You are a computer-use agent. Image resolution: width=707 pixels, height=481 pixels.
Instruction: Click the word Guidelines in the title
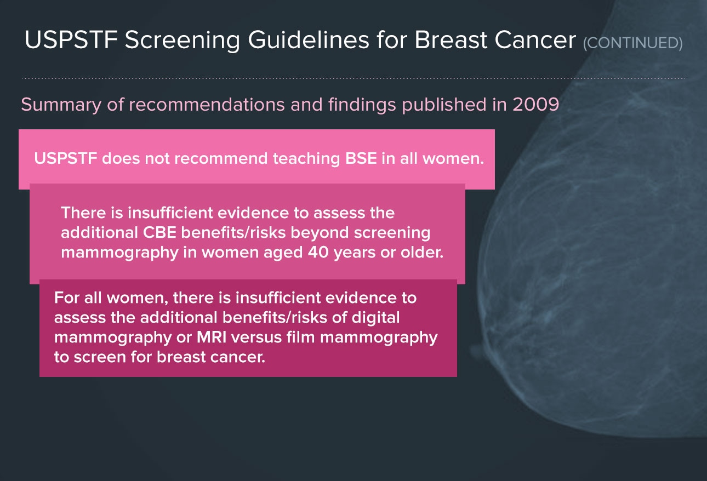309,40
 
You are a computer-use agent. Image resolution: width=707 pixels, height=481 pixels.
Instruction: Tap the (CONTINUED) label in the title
632,43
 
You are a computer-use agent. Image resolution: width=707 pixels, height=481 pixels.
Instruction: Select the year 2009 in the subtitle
535,105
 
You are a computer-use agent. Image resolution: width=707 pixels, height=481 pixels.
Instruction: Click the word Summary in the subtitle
61,105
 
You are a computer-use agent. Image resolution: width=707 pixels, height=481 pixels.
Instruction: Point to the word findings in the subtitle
362,105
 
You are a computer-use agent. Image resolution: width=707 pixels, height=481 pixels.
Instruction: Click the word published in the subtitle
444,105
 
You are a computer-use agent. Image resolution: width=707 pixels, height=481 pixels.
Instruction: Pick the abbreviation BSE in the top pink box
361,158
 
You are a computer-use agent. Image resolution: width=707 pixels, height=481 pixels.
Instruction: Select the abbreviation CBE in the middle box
159,233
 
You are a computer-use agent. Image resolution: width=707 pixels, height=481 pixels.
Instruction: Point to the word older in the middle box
422,253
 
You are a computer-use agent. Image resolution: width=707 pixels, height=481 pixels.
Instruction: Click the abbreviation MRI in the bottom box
212,337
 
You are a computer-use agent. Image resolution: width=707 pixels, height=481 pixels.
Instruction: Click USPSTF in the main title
71,40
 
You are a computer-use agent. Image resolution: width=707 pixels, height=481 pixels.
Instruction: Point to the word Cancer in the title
535,41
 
